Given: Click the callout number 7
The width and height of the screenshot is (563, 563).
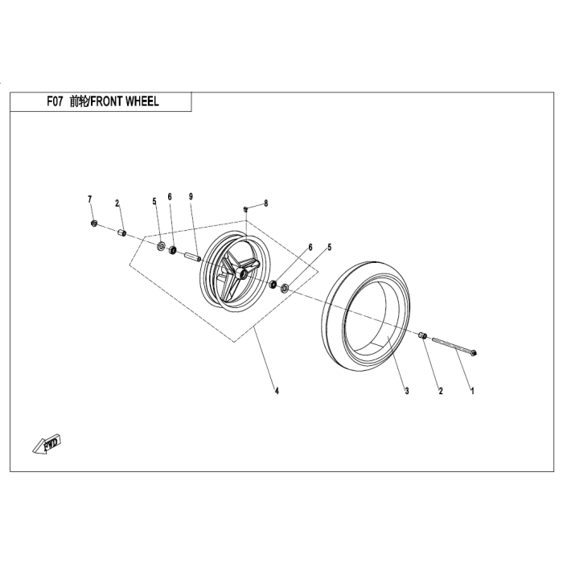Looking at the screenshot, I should click(90, 198).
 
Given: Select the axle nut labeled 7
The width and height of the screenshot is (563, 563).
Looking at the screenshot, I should click(95, 224).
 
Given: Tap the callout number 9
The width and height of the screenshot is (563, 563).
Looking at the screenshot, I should click(191, 197).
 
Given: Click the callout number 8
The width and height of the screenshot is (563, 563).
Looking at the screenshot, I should click(267, 204).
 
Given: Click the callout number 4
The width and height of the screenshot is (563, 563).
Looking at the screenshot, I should click(277, 392).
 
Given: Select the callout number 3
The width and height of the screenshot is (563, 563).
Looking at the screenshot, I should click(407, 392).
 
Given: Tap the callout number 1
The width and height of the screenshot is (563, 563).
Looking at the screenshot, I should click(473, 392).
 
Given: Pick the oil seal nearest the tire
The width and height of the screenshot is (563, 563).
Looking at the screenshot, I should click(286, 286).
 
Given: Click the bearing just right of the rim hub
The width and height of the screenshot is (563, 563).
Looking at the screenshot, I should click(273, 282).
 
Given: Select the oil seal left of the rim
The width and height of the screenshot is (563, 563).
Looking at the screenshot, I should click(159, 245).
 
